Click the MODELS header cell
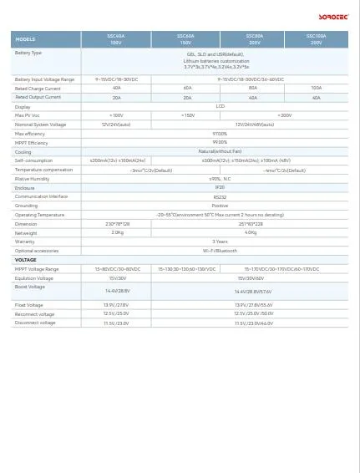coord(26,39)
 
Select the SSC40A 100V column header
coord(117,39)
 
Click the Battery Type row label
coord(28,53)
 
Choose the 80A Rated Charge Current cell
coord(253,88)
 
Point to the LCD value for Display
coord(220,106)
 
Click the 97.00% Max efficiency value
coord(220,134)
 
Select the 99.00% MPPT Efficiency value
coord(220,143)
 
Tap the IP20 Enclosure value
coord(220,188)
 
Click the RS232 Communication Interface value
coord(220,197)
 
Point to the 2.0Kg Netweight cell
coord(117,233)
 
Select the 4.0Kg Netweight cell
coord(251,233)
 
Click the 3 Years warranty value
coord(220,242)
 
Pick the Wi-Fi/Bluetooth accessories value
coord(220,251)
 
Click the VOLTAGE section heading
coord(26,260)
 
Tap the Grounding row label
coord(27,206)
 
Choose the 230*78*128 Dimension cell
coord(117,224)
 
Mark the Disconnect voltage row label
coord(35,323)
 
